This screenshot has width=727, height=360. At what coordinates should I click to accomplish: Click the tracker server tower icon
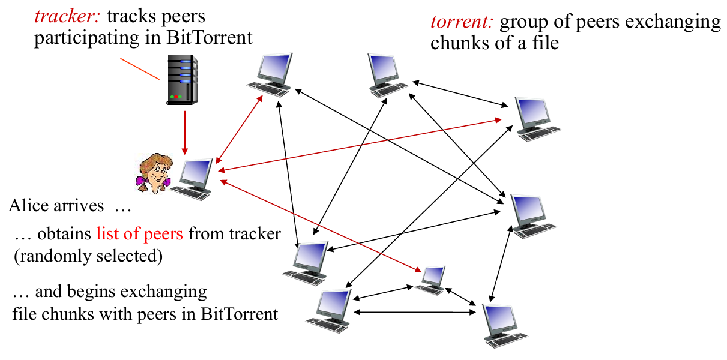point(181,80)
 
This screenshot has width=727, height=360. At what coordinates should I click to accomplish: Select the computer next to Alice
point(193,178)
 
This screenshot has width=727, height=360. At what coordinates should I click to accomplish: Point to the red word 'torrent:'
point(462,23)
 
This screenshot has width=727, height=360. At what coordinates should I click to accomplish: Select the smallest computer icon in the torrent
point(431,280)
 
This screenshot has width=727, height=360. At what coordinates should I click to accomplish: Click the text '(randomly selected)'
point(88,256)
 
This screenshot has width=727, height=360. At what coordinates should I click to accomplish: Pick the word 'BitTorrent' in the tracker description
point(217,38)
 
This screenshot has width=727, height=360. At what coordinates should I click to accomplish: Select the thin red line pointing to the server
point(139,69)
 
